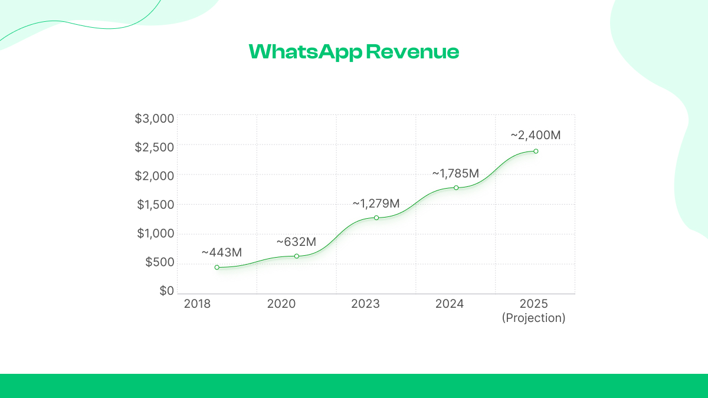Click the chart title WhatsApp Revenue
[353, 52]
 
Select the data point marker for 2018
[217, 267]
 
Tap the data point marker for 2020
[297, 256]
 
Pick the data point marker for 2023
[376, 218]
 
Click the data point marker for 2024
[456, 188]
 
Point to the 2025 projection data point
[536, 151]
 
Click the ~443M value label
[222, 252]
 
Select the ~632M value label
[296, 242]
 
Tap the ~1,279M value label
[376, 203]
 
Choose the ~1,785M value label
[455, 173]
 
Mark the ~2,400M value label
[535, 135]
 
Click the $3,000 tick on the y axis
[155, 119]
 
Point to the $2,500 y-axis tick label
[155, 147]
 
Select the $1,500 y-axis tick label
[156, 205]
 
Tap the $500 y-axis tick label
[160, 262]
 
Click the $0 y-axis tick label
[167, 291]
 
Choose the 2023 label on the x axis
[366, 304]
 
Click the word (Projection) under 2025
[534, 318]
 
